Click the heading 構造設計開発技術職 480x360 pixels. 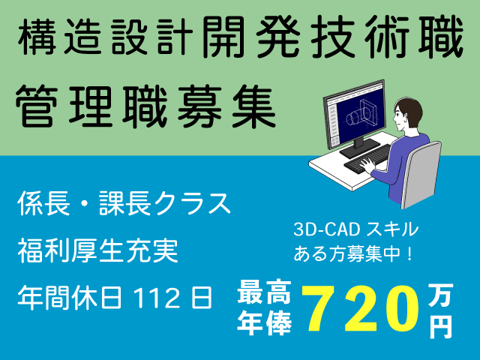pyautogui.click(x=240, y=37)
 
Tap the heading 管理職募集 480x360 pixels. pyautogui.click(x=146, y=106)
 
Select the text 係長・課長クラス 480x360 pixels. pyautogui.click(x=124, y=203)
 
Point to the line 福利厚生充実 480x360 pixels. pyautogui.click(x=98, y=250)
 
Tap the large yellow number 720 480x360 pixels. pyautogui.click(x=361, y=308)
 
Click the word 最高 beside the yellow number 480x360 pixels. pyautogui.click(x=264, y=292)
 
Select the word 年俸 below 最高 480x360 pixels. pyautogui.click(x=264, y=323)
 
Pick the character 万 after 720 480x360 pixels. pyautogui.click(x=440, y=295)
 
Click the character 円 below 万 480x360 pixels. pyautogui.click(x=440, y=327)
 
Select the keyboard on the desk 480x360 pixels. pyautogui.click(x=367, y=159)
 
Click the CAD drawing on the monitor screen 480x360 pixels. pyautogui.click(x=361, y=113)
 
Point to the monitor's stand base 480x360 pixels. pyautogui.click(x=360, y=148)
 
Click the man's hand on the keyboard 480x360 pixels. pyautogui.click(x=367, y=165)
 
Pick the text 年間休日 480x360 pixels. pyautogui.click(x=70, y=298)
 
